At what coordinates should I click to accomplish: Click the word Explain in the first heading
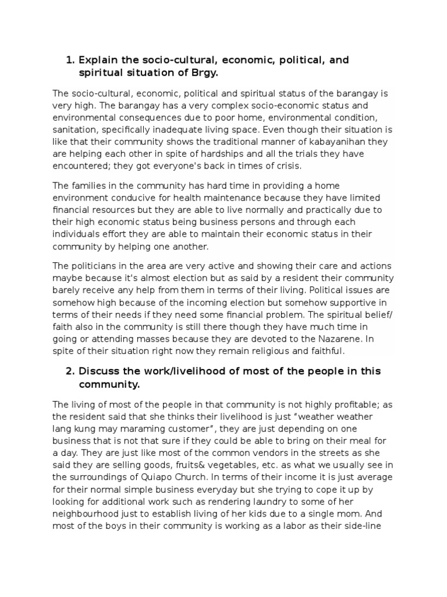(x=98, y=60)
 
